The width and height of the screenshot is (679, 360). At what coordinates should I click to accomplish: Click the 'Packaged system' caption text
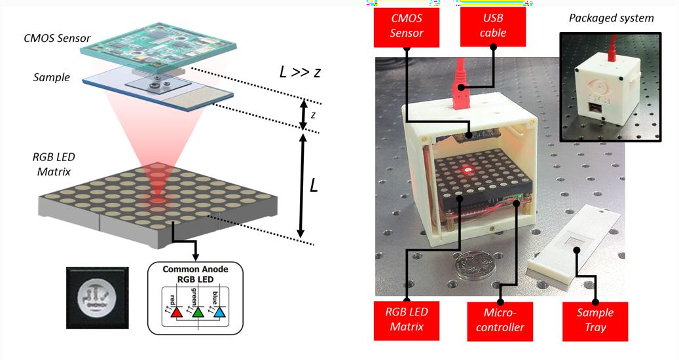click(x=610, y=18)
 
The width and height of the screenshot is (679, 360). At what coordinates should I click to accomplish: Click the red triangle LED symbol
click(x=175, y=312)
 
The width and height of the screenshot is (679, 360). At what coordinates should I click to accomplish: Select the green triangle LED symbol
click(x=197, y=312)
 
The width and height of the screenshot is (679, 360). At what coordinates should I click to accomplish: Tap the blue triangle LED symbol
click(x=219, y=312)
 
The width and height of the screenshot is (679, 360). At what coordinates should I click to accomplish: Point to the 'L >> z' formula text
click(x=300, y=72)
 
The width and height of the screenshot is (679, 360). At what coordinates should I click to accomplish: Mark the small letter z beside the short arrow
click(x=314, y=115)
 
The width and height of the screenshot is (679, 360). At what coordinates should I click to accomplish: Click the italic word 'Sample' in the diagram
click(x=51, y=77)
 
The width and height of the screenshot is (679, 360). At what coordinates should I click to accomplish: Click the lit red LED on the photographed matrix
click(x=467, y=170)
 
